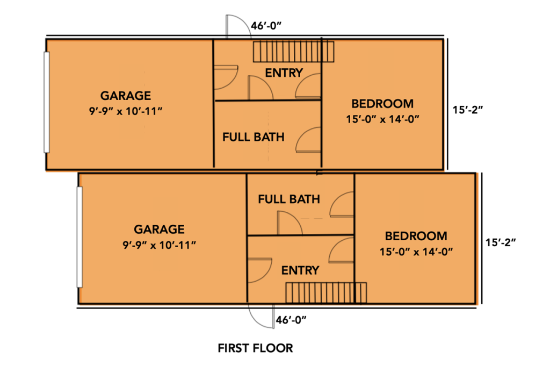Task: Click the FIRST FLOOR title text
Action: pyautogui.click(x=255, y=348)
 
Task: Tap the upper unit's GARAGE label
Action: pyautogui.click(x=126, y=96)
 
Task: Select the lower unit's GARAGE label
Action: pyautogui.click(x=159, y=230)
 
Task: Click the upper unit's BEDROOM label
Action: pyautogui.click(x=382, y=104)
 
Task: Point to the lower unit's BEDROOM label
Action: pyautogui.click(x=416, y=236)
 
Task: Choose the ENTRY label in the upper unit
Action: pyautogui.click(x=284, y=73)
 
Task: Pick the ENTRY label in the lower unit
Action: pyautogui.click(x=300, y=270)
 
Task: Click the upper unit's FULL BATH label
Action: pyautogui.click(x=254, y=137)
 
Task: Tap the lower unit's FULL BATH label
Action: pyautogui.click(x=289, y=199)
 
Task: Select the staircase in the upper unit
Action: pyautogui.click(x=294, y=52)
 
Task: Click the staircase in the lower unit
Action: pyautogui.click(x=326, y=293)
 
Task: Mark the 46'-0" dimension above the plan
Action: pyautogui.click(x=266, y=26)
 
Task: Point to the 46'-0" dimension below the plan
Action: pyautogui.click(x=291, y=320)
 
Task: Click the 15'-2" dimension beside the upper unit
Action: pyautogui.click(x=468, y=110)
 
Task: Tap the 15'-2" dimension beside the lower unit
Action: pyautogui.click(x=501, y=242)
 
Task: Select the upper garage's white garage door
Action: pyautogui.click(x=46, y=102)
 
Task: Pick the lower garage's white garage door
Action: pyautogui.click(x=79, y=237)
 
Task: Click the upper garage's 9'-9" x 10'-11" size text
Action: pyautogui.click(x=126, y=111)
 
